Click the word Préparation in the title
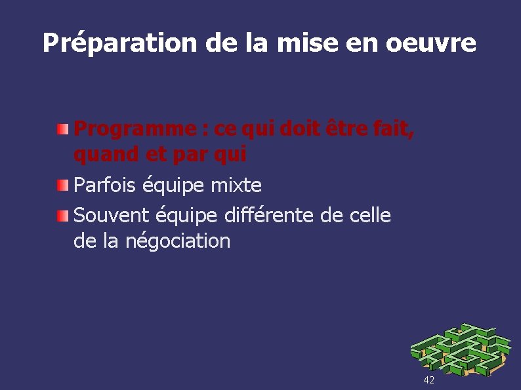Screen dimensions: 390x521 point(120,44)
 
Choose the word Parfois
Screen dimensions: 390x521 point(106,185)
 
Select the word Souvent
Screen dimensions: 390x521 point(112,215)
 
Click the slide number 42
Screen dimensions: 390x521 point(429,380)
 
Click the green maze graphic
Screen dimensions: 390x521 point(459,350)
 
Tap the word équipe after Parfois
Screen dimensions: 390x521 point(173,186)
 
